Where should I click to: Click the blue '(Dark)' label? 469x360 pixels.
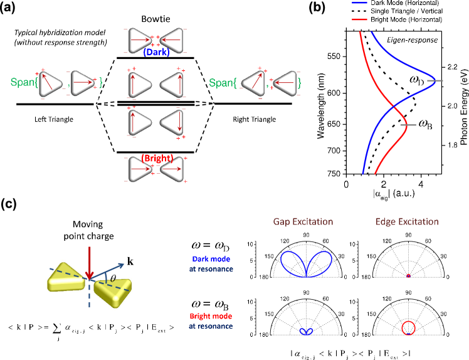156,53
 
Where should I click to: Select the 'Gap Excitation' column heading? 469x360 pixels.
303,221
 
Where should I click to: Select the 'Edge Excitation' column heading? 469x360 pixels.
407,221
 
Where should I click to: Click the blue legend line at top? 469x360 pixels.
360,3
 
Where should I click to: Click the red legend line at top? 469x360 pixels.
360,19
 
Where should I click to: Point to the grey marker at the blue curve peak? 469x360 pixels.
435,81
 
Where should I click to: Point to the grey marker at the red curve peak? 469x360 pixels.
408,125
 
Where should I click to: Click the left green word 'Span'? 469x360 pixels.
22,83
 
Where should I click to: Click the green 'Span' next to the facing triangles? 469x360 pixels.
221,83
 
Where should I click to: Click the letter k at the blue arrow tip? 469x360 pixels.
130,261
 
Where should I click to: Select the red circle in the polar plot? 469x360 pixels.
408,327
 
